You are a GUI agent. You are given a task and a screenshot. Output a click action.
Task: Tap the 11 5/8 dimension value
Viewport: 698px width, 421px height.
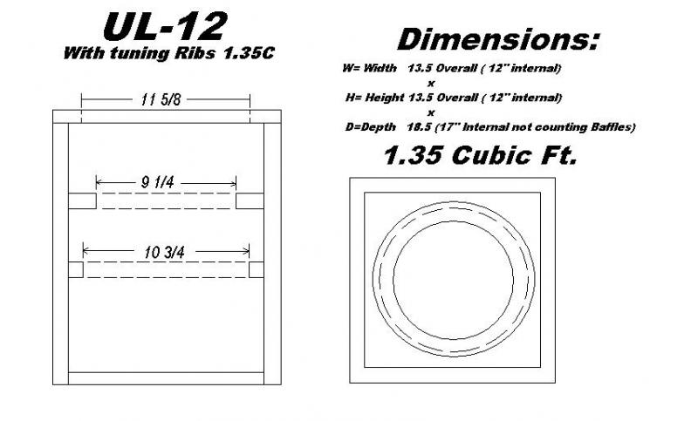161,99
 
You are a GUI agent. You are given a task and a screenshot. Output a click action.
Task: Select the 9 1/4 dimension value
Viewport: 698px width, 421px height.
158,182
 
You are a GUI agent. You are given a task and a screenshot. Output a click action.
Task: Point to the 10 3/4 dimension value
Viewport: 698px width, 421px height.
164,253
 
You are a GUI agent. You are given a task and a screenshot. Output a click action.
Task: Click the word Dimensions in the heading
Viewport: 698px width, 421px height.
498,39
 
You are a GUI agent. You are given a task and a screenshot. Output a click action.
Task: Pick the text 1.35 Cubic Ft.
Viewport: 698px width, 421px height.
481,156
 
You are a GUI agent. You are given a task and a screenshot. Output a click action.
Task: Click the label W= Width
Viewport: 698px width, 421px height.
369,68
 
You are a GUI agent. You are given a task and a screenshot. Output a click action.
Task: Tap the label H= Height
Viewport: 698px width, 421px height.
375,98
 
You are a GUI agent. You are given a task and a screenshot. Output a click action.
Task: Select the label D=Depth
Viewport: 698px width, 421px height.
370,127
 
